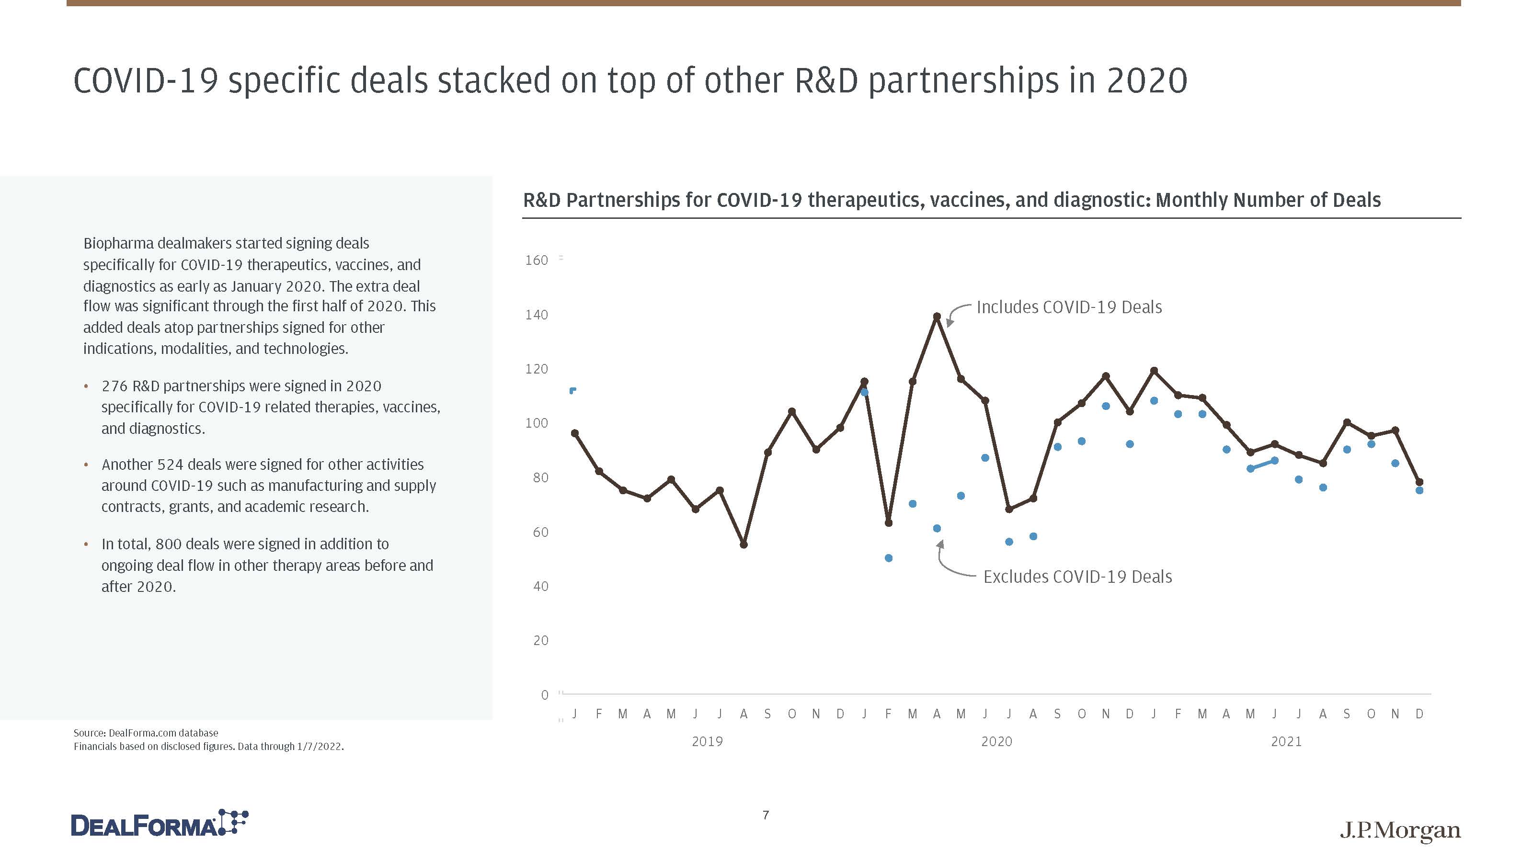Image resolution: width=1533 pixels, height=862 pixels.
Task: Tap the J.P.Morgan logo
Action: (1400, 830)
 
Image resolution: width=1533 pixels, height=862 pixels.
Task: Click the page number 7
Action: (766, 815)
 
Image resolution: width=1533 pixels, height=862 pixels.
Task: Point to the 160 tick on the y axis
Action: (536, 261)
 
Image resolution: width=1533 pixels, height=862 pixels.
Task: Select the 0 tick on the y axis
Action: (544, 695)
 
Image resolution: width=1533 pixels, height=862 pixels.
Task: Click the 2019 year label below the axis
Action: (707, 742)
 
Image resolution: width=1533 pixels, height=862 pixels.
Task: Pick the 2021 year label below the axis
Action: (1286, 742)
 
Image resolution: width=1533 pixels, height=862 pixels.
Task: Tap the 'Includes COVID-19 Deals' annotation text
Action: (1069, 307)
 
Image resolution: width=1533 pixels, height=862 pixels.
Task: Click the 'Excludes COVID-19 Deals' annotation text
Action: (1077, 577)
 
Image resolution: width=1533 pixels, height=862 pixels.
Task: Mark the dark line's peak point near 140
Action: (937, 317)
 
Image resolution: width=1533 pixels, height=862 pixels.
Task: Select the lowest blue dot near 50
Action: (889, 558)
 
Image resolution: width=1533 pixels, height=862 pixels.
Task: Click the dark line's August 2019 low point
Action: (744, 544)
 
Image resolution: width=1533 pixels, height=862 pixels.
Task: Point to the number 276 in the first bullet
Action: (115, 386)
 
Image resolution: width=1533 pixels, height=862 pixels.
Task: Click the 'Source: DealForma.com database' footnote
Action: (146, 733)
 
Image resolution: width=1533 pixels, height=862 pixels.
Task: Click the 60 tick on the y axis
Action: (540, 533)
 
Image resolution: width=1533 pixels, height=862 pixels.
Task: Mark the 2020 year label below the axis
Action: (996, 742)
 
